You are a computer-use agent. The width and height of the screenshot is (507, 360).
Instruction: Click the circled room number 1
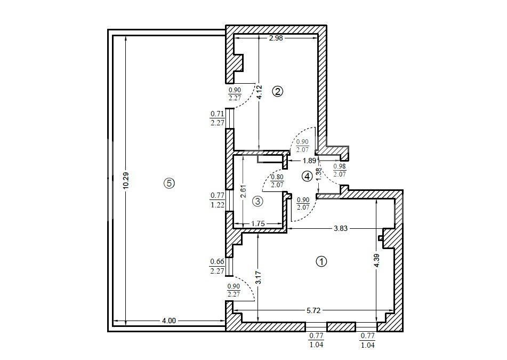tap(321, 262)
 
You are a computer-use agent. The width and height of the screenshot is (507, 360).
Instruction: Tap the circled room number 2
tap(277, 92)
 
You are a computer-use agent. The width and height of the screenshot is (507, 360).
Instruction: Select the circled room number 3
tap(257, 202)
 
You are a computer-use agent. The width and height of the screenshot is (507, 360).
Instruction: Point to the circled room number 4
tap(307, 177)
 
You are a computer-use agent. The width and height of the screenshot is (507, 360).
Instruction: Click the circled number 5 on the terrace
tap(169, 183)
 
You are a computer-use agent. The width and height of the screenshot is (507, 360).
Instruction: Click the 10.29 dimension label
tap(126, 180)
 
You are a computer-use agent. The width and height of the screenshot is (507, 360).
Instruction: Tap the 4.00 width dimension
tap(168, 321)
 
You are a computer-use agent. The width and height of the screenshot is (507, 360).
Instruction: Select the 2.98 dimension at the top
tap(276, 38)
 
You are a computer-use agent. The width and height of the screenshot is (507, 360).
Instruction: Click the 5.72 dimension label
tap(313, 310)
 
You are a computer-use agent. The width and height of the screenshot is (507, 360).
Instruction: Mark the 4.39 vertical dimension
tap(377, 261)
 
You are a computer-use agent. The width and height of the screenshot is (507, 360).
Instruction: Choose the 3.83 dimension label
tap(341, 228)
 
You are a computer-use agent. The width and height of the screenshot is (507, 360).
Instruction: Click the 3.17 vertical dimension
tap(258, 277)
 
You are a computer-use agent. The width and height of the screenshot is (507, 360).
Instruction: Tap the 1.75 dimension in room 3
tap(257, 223)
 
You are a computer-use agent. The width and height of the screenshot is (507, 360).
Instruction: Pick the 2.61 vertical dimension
tap(244, 191)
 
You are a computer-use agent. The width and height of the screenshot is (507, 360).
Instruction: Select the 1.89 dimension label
tap(309, 160)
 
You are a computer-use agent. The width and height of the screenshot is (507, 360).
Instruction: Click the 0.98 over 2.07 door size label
tap(340, 170)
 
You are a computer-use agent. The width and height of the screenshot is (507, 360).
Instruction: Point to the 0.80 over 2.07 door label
tap(277, 181)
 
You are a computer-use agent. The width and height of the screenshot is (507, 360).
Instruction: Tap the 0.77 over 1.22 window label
tap(218, 200)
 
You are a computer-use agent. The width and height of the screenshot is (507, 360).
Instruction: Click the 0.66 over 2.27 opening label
tap(217, 266)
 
